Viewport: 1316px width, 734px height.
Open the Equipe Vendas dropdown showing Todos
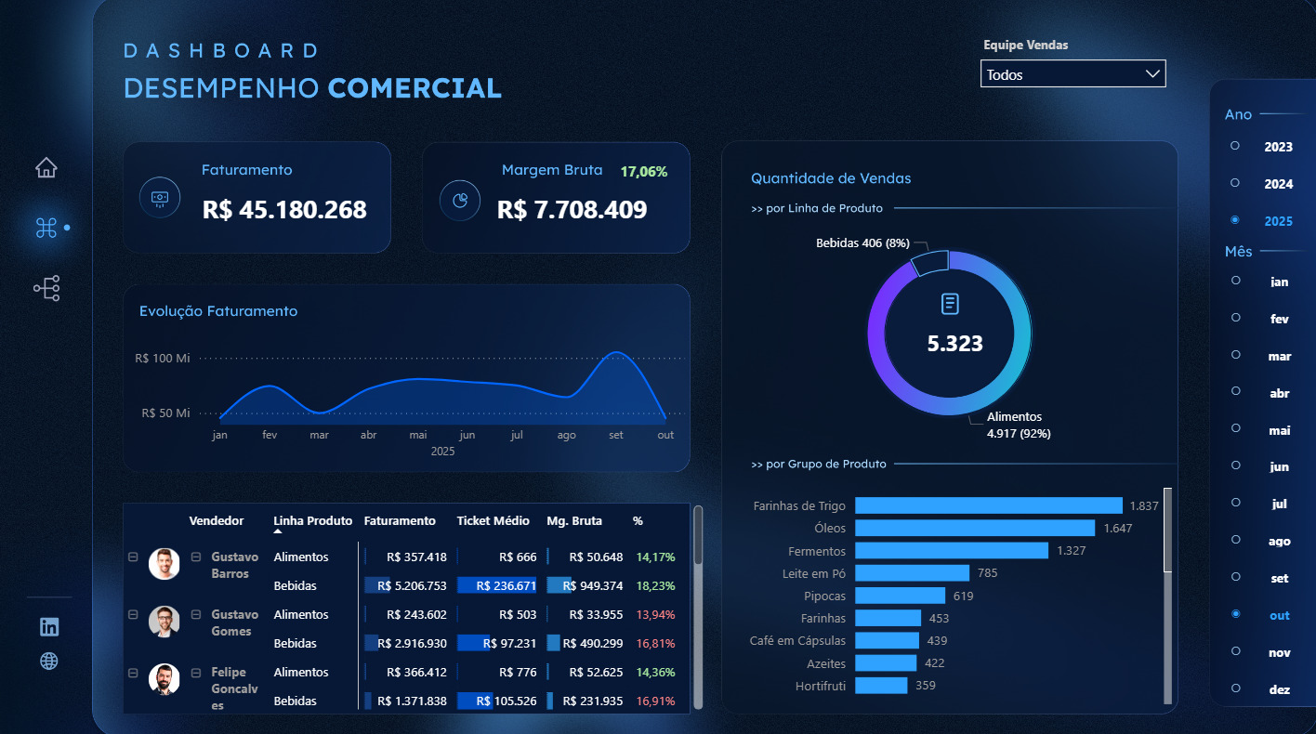(1073, 74)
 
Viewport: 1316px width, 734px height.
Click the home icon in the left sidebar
(46, 168)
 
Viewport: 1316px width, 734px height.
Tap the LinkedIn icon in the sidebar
(49, 626)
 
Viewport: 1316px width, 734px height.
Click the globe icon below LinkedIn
(49, 661)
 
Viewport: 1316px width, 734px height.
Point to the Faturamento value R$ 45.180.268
(284, 210)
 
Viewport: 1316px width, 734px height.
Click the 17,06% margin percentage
(644, 172)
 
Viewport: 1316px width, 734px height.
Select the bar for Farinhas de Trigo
(988, 505)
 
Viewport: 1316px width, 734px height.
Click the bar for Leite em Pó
(912, 573)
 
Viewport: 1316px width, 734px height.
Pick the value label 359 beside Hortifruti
(925, 686)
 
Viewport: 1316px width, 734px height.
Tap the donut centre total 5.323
(954, 344)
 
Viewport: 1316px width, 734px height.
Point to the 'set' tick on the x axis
(616, 435)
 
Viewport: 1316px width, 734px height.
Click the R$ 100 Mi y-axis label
(163, 359)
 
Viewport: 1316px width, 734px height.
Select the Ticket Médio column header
(493, 521)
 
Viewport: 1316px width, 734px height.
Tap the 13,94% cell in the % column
(655, 615)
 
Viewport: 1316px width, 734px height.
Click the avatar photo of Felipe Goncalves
(164, 679)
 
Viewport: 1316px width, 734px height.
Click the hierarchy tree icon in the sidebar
(46, 288)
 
